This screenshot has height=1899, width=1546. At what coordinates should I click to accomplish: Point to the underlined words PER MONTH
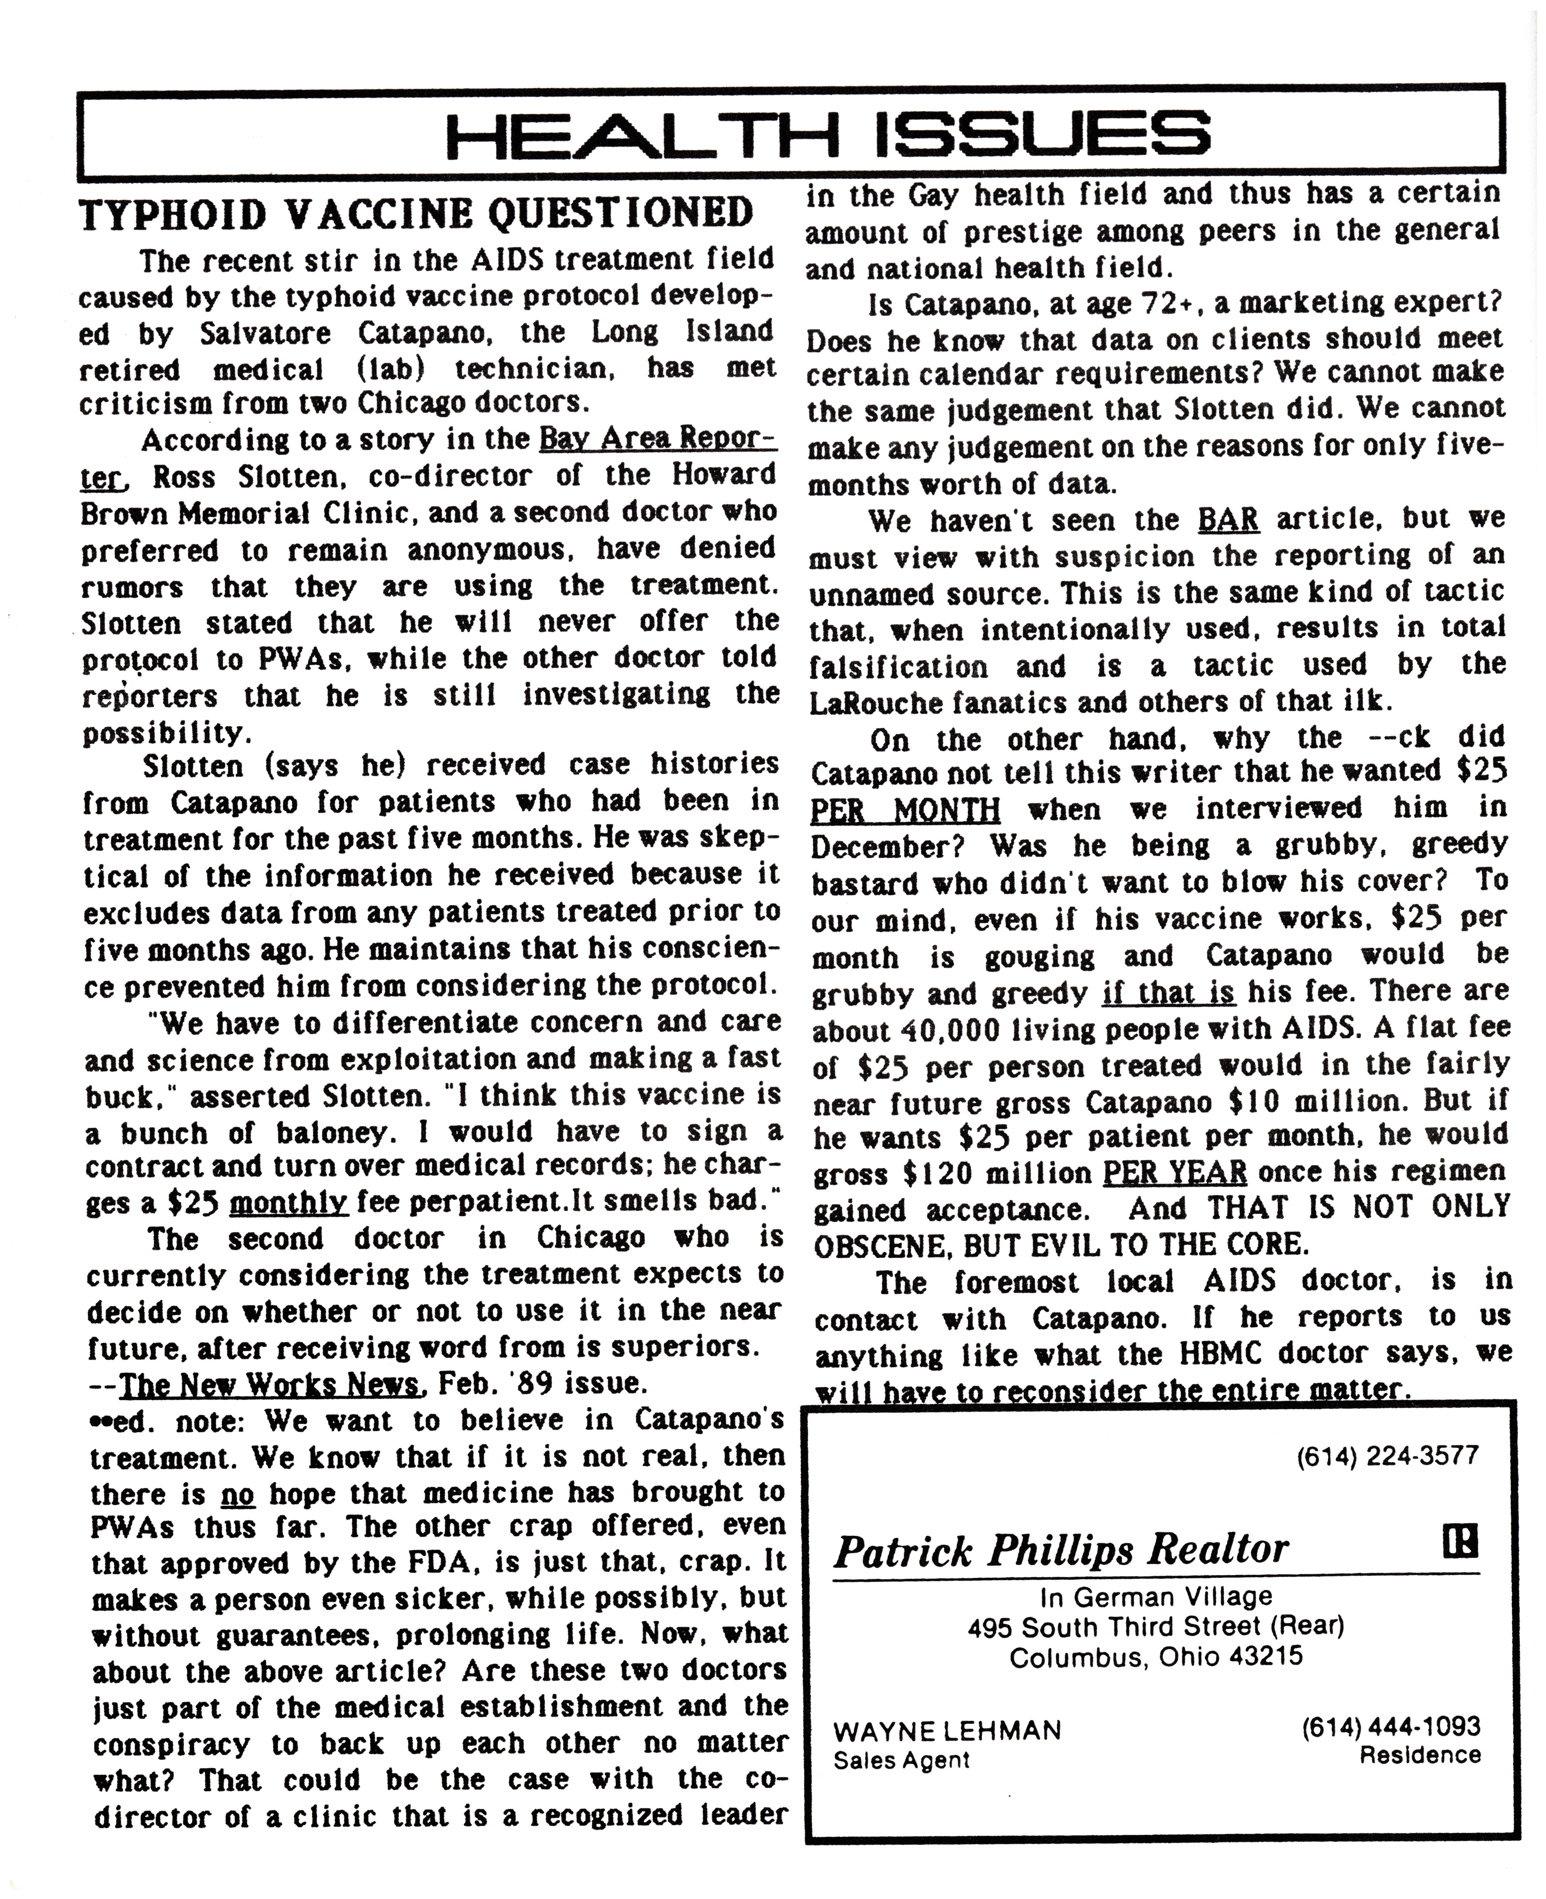(x=905, y=810)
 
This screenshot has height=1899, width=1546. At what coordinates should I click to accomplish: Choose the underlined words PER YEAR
(x=1174, y=1172)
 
